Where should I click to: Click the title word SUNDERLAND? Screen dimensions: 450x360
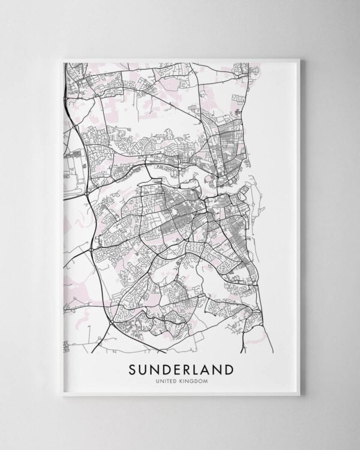pyautogui.click(x=181, y=368)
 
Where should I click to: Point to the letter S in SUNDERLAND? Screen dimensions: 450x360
pyautogui.click(x=133, y=368)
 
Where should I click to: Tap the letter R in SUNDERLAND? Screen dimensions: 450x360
pyautogui.click(x=182, y=368)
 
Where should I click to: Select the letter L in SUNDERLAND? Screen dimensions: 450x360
pyautogui.click(x=192, y=368)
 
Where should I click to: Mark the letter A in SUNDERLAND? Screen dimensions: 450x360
pyautogui.click(x=203, y=368)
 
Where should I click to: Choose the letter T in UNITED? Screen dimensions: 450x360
pyautogui.click(x=169, y=380)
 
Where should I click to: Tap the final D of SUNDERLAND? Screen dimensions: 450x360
pyautogui.click(x=229, y=368)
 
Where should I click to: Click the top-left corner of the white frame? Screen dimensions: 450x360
pyautogui.click(x=62, y=59)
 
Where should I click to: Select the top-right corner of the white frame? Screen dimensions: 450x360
pyautogui.click(x=299, y=59)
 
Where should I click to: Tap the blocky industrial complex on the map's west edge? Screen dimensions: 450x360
pyautogui.click(x=73, y=163)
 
